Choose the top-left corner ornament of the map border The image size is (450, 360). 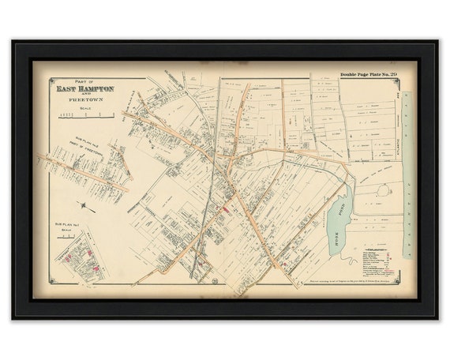coord(51,79)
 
